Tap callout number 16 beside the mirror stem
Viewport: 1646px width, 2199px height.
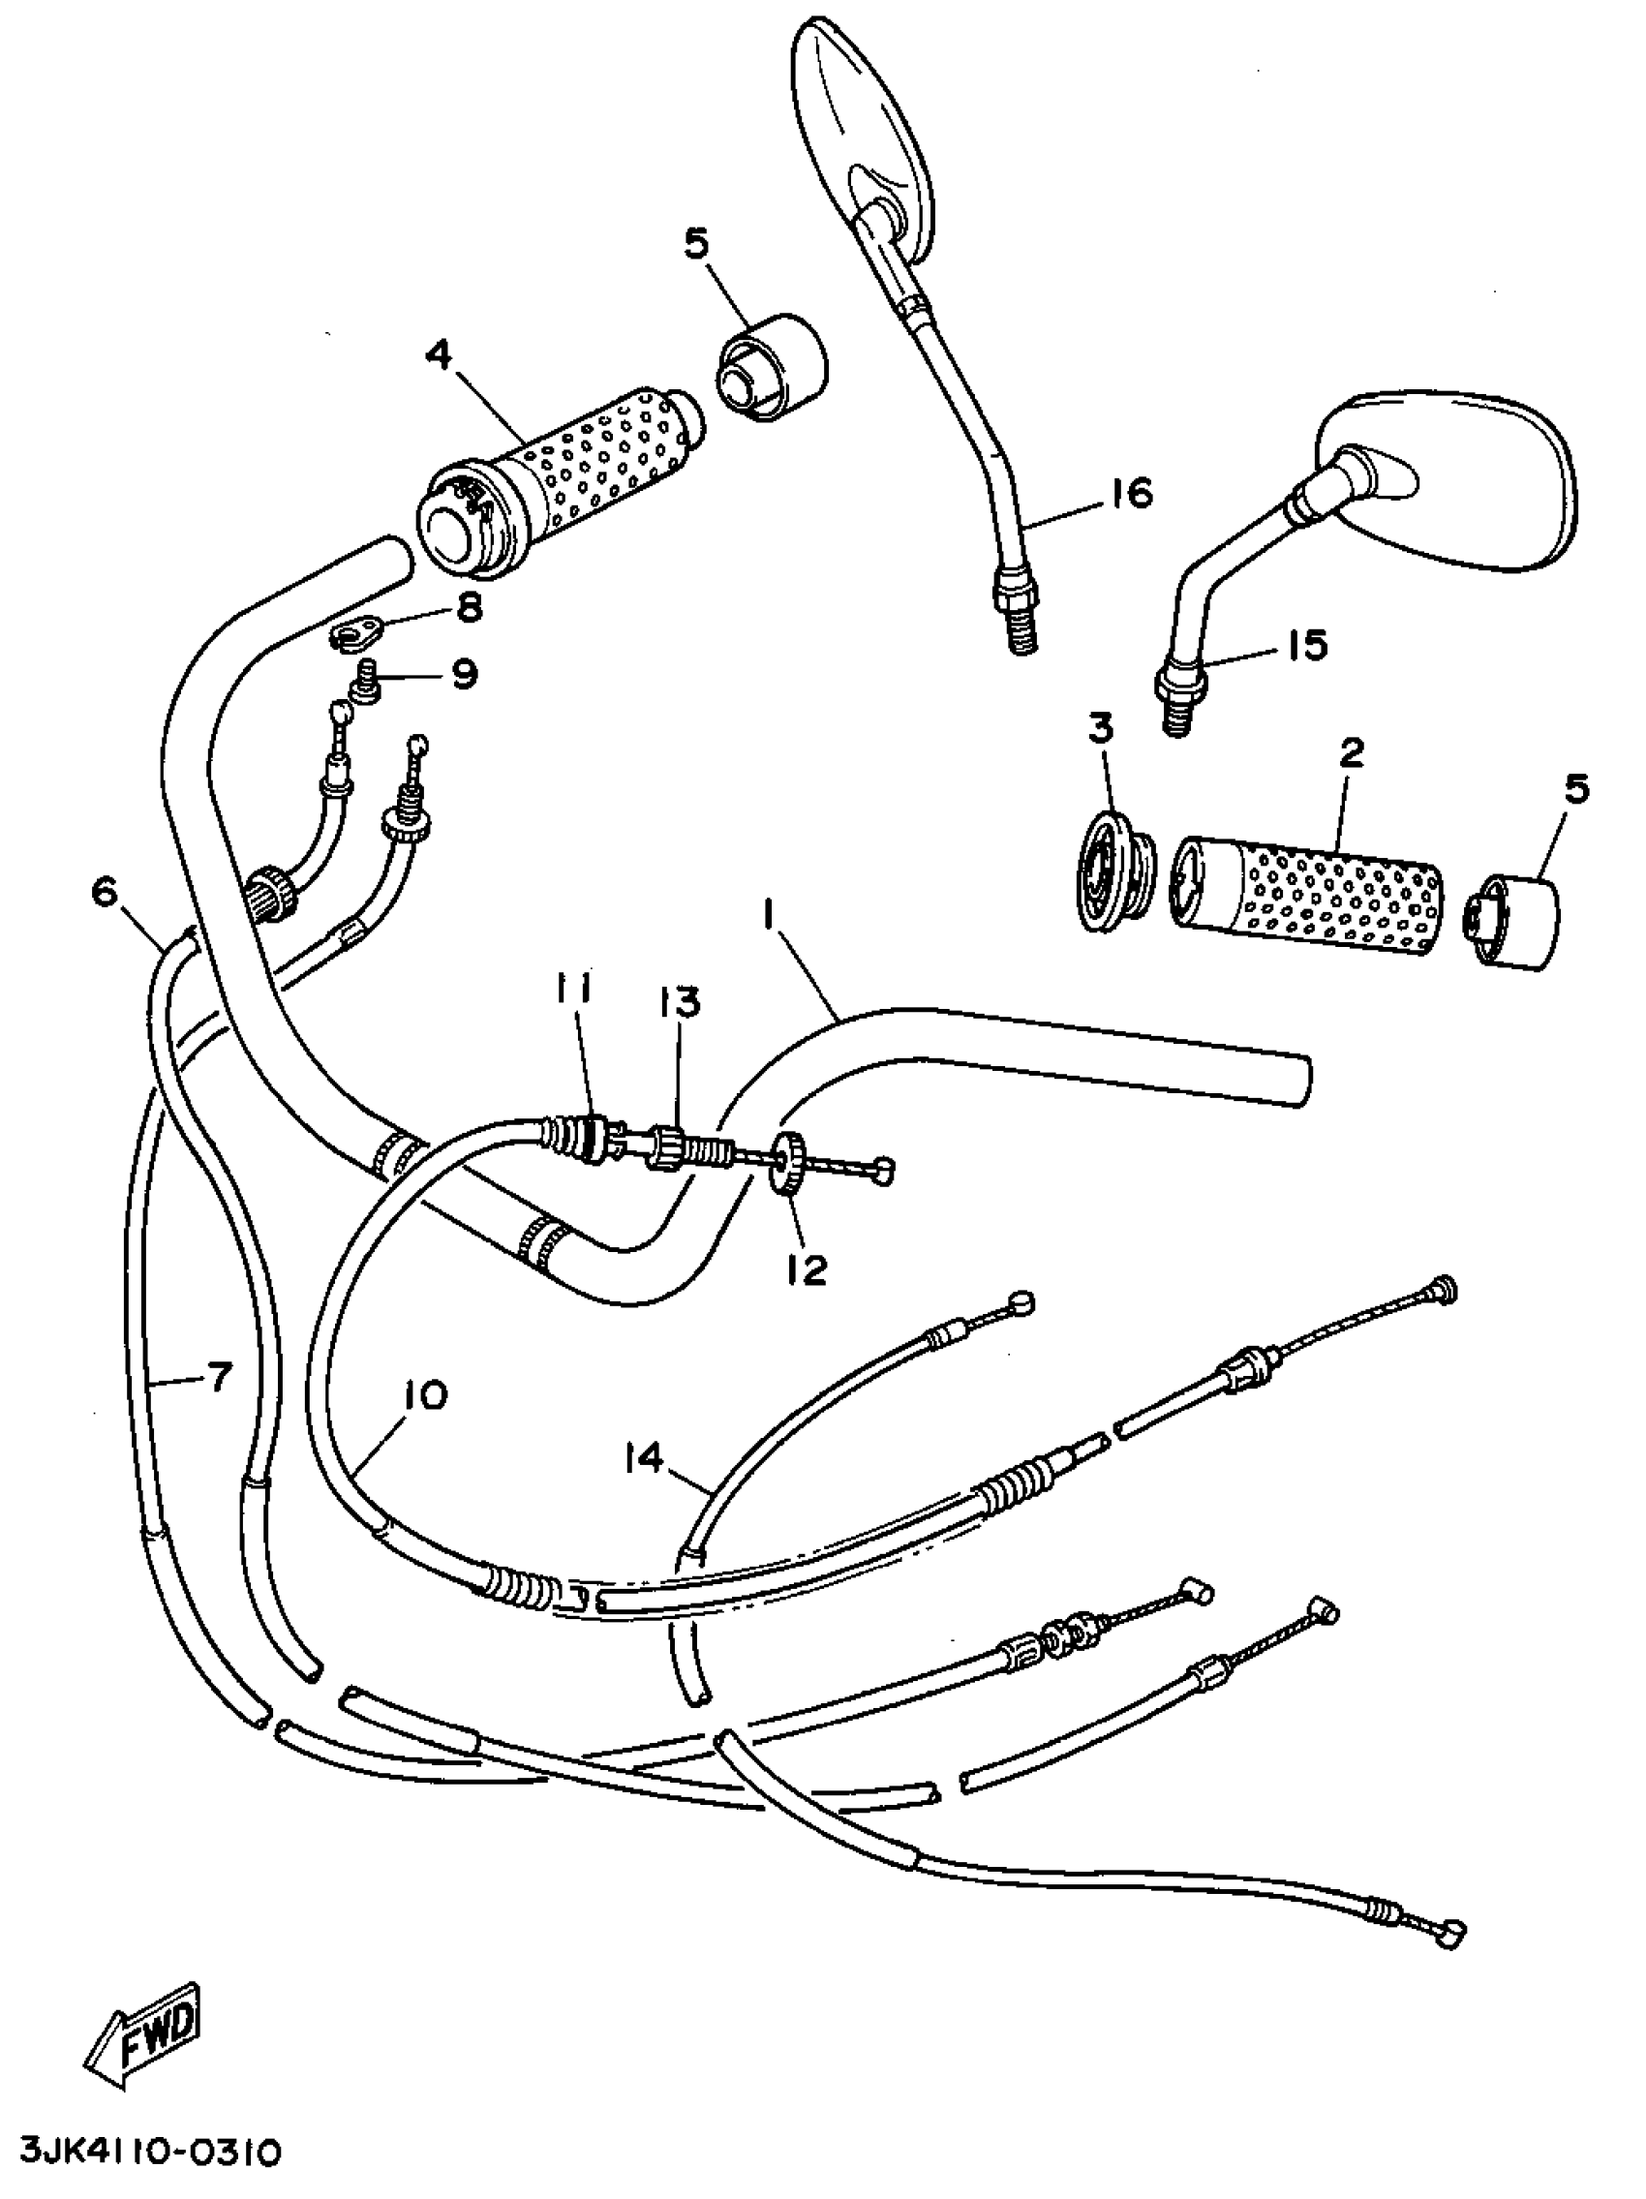click(x=1129, y=492)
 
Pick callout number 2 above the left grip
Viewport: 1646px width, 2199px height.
click(x=1351, y=752)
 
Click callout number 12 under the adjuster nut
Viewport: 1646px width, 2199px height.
click(x=808, y=1270)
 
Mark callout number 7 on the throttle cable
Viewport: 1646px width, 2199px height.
click(x=218, y=1377)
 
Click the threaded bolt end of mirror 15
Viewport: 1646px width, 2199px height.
click(x=1176, y=714)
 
